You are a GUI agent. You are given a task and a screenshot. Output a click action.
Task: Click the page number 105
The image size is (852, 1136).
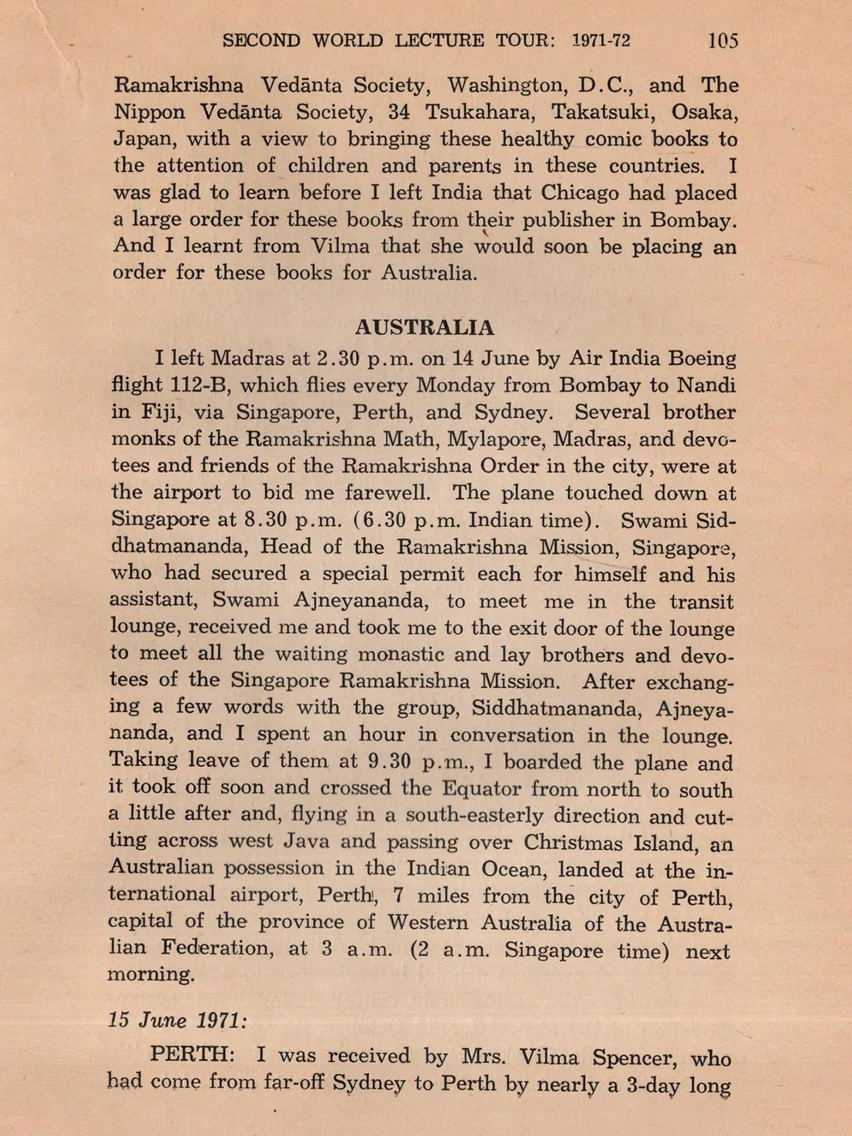point(722,40)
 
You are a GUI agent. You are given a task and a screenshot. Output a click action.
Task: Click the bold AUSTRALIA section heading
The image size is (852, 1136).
point(425,328)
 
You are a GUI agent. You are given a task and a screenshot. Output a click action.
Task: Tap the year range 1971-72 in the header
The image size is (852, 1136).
point(602,40)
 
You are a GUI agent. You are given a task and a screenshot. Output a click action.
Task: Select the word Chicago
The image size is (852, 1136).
point(579,193)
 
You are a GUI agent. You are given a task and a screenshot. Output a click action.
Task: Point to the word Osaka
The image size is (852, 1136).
point(704,112)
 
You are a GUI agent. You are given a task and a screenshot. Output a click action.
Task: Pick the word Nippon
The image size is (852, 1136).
point(149,112)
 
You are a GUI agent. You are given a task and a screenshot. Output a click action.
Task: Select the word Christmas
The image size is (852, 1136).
point(573,842)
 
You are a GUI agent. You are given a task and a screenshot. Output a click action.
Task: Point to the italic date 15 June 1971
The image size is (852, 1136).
point(178,1020)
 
